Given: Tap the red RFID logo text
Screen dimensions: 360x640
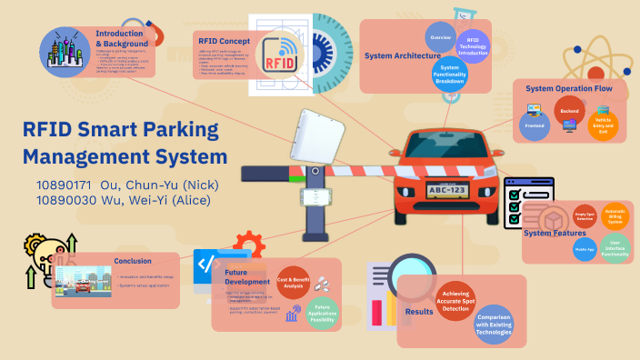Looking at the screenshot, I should (279, 63).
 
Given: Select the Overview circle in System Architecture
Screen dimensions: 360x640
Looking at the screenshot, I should (442, 37).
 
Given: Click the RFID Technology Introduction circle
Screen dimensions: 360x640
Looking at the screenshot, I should (473, 45).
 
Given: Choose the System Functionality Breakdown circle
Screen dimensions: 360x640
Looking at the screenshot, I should (450, 74).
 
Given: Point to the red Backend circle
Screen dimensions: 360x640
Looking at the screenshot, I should (569, 111).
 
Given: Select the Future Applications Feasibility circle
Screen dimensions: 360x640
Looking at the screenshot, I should (322, 312).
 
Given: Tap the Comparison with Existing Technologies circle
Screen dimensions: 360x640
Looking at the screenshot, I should (495, 325).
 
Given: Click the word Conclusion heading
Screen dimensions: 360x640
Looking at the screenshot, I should (133, 261).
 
